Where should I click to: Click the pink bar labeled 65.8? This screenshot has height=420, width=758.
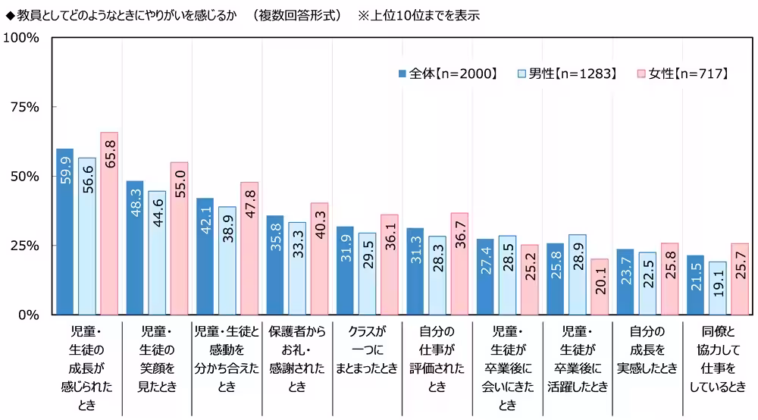tap(109, 224)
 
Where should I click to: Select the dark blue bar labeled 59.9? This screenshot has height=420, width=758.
tap(65, 231)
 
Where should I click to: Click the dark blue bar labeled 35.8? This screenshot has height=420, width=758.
tap(275, 265)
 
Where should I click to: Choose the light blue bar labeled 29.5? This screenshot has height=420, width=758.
tap(367, 274)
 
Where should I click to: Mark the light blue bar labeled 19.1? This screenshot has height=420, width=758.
tap(717, 288)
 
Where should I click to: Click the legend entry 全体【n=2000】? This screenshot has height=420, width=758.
tap(447, 74)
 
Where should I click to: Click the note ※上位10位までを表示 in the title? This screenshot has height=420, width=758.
tap(418, 15)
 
